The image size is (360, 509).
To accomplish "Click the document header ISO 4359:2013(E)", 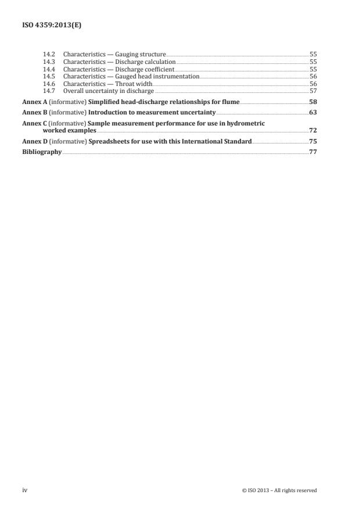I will (49, 26).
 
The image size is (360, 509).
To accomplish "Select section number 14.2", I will (49, 54).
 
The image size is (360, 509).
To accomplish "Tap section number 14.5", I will (49, 77).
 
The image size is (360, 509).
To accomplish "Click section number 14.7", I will (49, 91).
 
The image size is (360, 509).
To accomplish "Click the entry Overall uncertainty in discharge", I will (109, 91).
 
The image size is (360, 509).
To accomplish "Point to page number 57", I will (313, 91).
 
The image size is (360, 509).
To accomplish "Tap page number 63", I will (313, 112).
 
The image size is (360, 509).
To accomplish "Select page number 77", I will (313, 152).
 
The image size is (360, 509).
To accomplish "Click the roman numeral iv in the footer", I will (25, 490).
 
